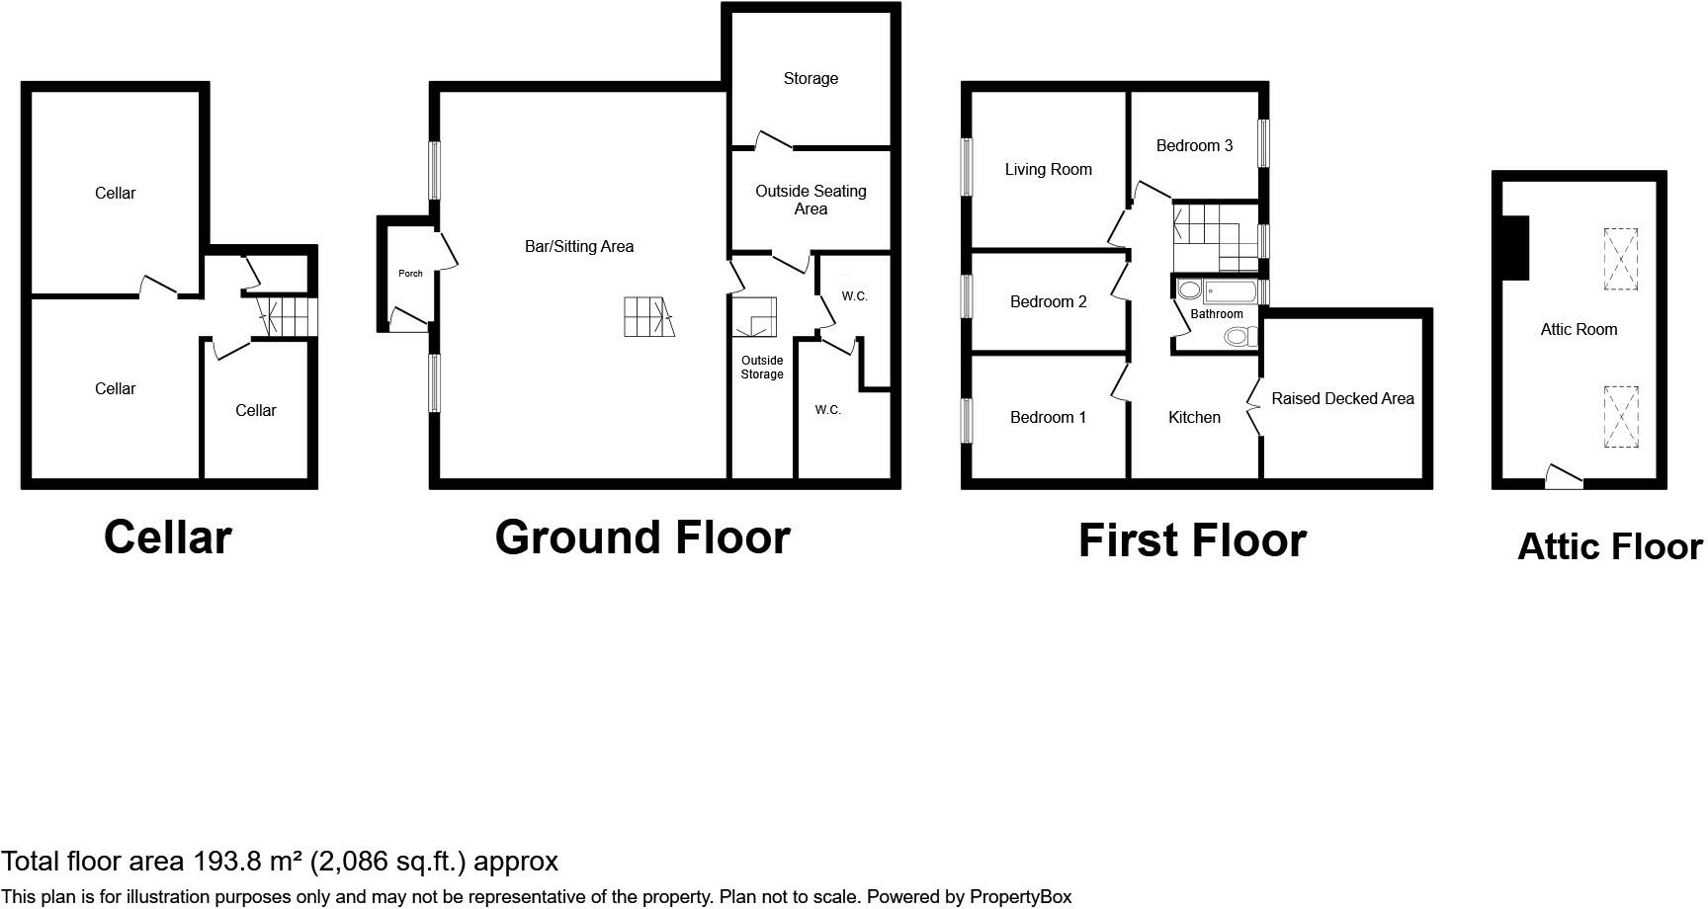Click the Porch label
click(410, 274)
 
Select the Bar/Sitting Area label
click(579, 247)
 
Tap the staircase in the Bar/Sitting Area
click(648, 317)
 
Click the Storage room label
click(811, 79)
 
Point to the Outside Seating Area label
click(811, 200)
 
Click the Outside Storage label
click(762, 368)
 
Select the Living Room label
click(1048, 170)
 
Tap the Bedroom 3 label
click(1194, 146)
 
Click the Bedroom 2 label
click(1048, 302)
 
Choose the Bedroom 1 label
click(1048, 418)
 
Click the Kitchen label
click(1194, 418)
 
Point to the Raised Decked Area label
click(1342, 399)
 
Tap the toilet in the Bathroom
click(1238, 337)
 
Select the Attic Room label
click(1579, 330)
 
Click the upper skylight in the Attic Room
click(1620, 259)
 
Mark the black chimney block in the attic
click(1514, 248)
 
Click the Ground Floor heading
click(642, 538)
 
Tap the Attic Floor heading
click(1609, 547)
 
